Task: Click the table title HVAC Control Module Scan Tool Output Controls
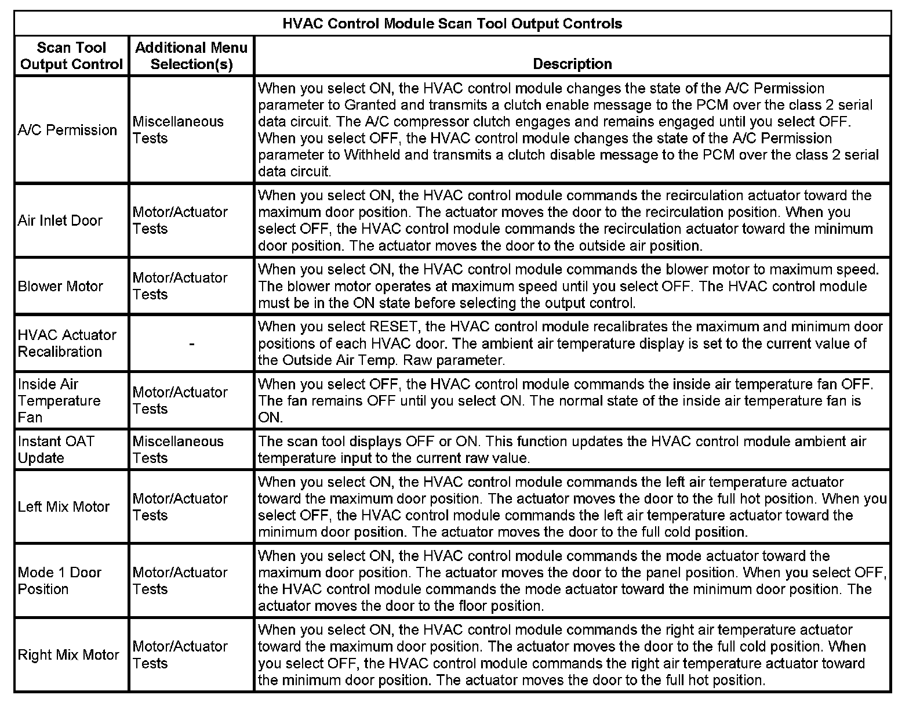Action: pyautogui.click(x=452, y=24)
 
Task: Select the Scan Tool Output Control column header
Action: pyautogui.click(x=71, y=56)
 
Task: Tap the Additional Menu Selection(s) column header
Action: pyautogui.click(x=191, y=56)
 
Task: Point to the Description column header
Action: pyautogui.click(x=572, y=64)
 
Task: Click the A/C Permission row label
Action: pyautogui.click(x=67, y=130)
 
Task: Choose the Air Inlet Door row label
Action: pyautogui.click(x=60, y=220)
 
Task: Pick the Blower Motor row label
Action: pyautogui.click(x=60, y=286)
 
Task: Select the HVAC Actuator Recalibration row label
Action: pyautogui.click(x=67, y=343)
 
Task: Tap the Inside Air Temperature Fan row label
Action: pyautogui.click(x=59, y=400)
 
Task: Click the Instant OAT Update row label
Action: pyautogui.click(x=56, y=450)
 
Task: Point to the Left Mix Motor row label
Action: pyautogui.click(x=64, y=506)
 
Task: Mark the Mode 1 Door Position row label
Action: pyautogui.click(x=59, y=581)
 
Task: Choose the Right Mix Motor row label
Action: pyautogui.click(x=68, y=655)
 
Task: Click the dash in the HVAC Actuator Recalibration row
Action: pyautogui.click(x=191, y=344)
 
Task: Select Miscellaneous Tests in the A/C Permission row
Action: pyautogui.click(x=178, y=130)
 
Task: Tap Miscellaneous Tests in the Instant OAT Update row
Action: pyautogui.click(x=178, y=450)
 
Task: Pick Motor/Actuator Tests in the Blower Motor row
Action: pyautogui.click(x=180, y=286)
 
